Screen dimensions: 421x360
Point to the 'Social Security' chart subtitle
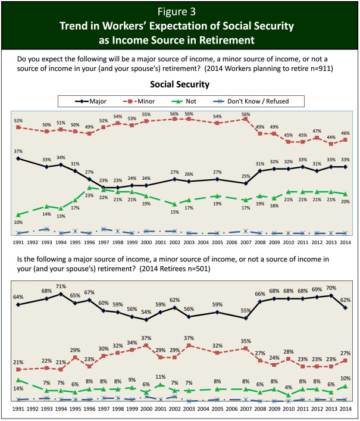180,84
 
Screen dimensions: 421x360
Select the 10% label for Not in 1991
19,222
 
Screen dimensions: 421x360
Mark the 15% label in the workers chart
174,212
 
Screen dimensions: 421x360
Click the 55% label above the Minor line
146,114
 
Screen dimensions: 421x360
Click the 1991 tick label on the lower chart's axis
18,410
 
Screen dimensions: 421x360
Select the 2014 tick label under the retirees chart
345,410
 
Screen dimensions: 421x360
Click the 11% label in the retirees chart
160,377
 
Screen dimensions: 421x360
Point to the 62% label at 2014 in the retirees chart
345,299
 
